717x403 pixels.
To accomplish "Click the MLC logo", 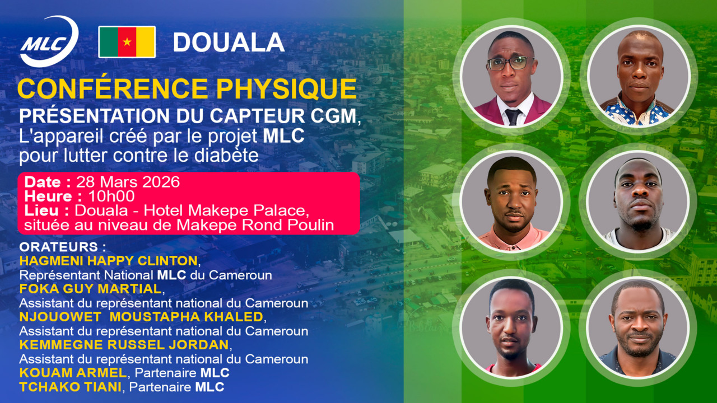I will coord(49,42).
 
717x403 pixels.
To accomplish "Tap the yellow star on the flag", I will coord(127,42).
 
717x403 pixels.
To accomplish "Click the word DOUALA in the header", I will coord(229,43).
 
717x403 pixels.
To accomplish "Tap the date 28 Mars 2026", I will coord(128,182).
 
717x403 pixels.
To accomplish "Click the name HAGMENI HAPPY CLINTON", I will coord(108,261).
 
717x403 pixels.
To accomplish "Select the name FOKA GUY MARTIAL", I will coord(90,289).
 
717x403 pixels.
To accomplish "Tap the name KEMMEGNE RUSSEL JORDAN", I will coord(124,344).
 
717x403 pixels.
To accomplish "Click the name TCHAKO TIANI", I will coord(69,387).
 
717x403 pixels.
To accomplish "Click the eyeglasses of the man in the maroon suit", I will coord(510,63).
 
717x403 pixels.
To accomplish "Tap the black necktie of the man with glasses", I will coord(513,116).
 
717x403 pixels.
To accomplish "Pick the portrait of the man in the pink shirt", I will coord(511,201).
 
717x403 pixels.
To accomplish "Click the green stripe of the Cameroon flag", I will coord(108,42).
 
